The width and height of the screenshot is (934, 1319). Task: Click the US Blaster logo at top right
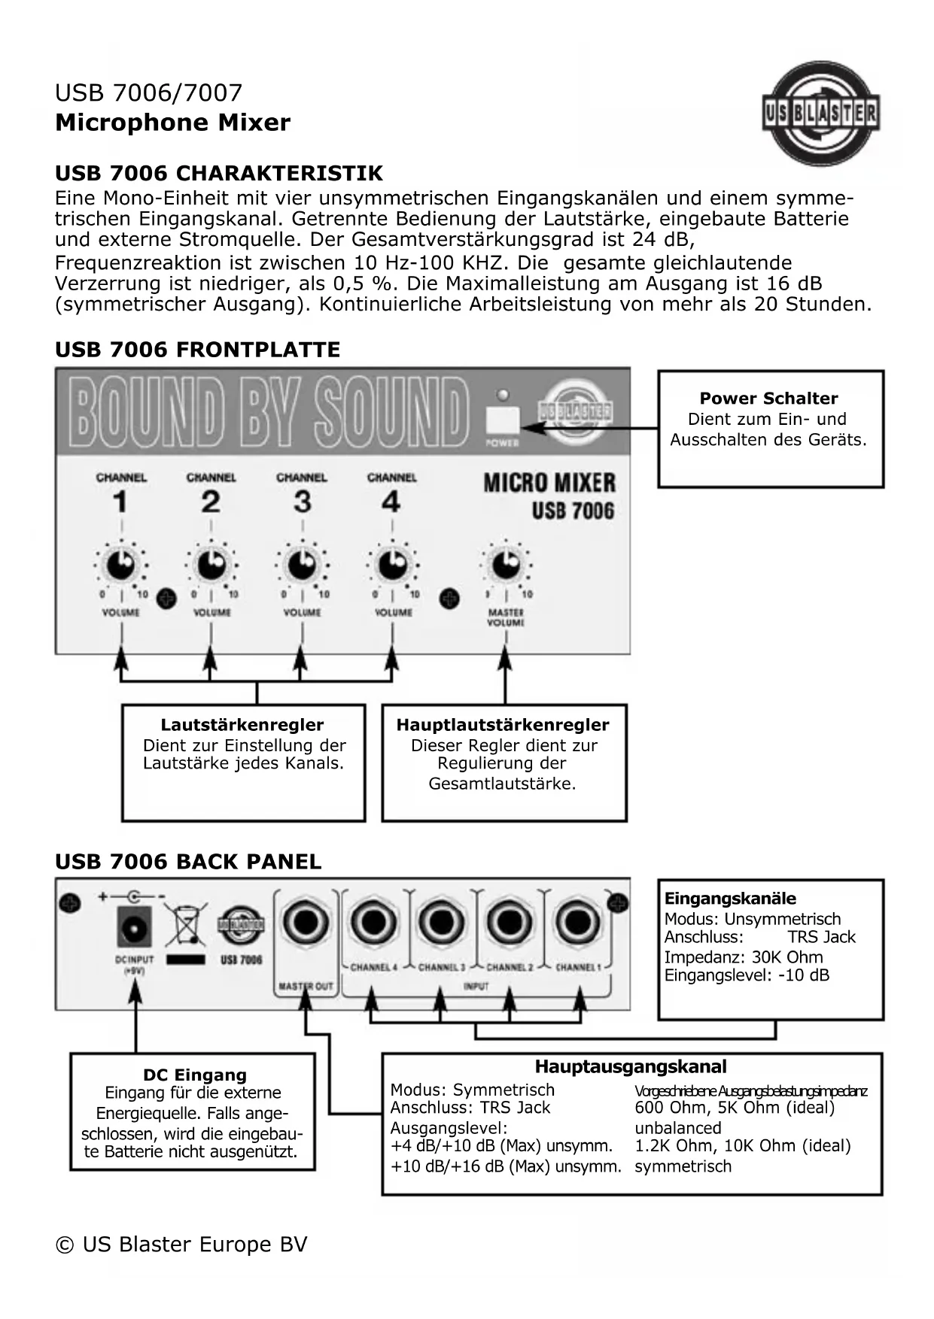tap(820, 114)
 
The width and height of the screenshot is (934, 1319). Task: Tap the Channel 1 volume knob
tap(120, 564)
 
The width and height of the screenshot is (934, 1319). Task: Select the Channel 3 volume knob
tap(302, 564)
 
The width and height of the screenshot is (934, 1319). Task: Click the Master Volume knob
tap(505, 564)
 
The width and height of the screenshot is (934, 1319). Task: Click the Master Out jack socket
tap(306, 923)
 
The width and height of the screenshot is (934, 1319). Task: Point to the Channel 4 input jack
tap(374, 923)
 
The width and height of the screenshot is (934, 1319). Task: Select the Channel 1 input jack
tap(578, 923)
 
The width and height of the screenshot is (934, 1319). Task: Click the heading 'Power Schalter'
tap(768, 399)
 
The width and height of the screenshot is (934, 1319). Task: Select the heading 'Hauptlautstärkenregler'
tap(503, 725)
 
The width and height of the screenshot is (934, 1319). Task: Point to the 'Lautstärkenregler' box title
tap(242, 725)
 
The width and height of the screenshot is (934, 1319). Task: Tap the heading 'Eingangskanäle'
tap(730, 899)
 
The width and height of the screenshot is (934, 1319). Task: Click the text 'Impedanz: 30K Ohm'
tap(744, 957)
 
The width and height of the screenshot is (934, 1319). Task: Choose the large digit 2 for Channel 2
tap(211, 502)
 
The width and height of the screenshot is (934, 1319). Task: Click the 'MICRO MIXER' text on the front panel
tap(549, 483)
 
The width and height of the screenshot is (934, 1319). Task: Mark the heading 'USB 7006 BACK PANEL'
tap(188, 862)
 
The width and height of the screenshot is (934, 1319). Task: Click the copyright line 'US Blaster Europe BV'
tap(181, 1245)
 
